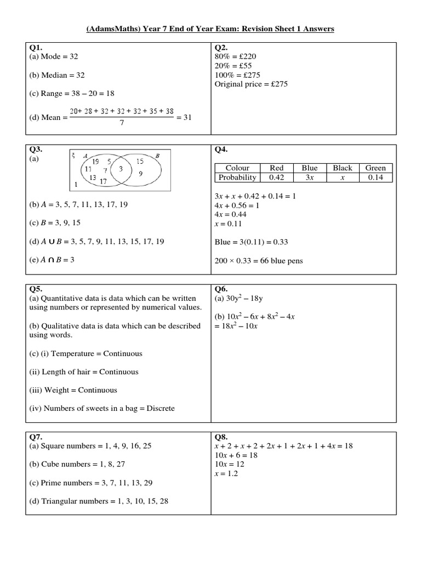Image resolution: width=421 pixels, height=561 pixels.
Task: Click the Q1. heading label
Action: point(36,47)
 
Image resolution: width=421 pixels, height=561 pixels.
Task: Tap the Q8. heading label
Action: point(221,437)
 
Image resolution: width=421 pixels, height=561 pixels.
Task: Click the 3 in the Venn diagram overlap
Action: point(121,170)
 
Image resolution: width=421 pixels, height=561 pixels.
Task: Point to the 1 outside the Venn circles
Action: point(76,184)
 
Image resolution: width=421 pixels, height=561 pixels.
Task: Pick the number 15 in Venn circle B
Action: point(139,162)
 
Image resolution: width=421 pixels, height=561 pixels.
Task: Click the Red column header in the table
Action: point(277,168)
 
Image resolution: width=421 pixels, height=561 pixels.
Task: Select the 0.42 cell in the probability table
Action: point(277,178)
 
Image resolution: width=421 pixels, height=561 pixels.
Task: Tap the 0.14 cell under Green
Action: point(376,178)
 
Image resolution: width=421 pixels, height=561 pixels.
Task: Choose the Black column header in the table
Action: point(343,168)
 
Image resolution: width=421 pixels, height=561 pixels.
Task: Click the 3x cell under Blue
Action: point(310,178)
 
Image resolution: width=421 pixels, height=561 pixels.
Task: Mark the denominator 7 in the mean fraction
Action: point(122,123)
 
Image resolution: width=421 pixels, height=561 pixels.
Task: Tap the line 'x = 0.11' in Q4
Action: point(230,224)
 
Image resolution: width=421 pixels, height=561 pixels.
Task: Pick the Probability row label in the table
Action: point(237,178)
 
